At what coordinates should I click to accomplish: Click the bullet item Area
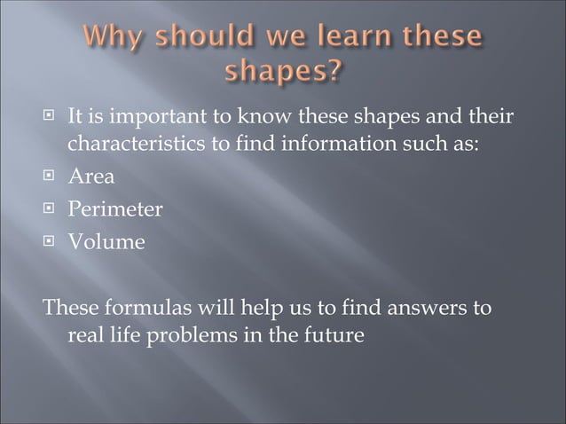pyautogui.click(x=91, y=177)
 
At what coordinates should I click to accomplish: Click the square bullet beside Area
pyautogui.click(x=52, y=177)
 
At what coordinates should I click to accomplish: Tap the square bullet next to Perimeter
pyautogui.click(x=52, y=209)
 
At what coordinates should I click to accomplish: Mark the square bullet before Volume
pyautogui.click(x=52, y=240)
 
